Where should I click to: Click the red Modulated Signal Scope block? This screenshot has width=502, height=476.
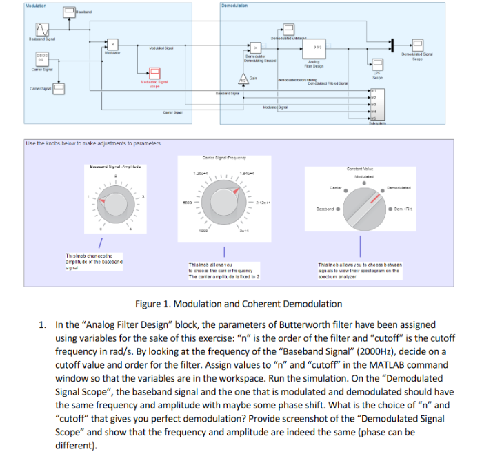tap(155, 74)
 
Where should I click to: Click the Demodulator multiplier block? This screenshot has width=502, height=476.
tap(257, 48)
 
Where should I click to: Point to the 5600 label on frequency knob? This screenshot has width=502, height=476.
tap(187, 203)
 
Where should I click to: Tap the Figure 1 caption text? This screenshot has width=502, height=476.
tap(239, 303)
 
